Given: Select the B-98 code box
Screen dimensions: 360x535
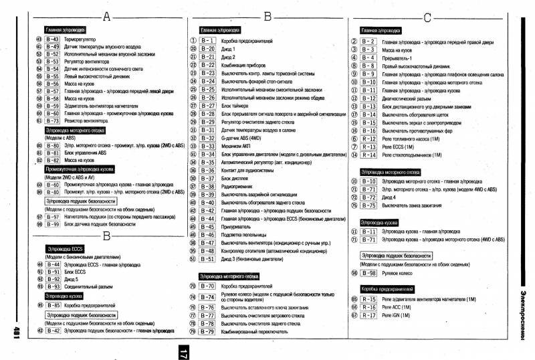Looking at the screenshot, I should [x=368, y=273].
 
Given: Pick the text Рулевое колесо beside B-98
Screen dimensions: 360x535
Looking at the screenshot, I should [x=399, y=273].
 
